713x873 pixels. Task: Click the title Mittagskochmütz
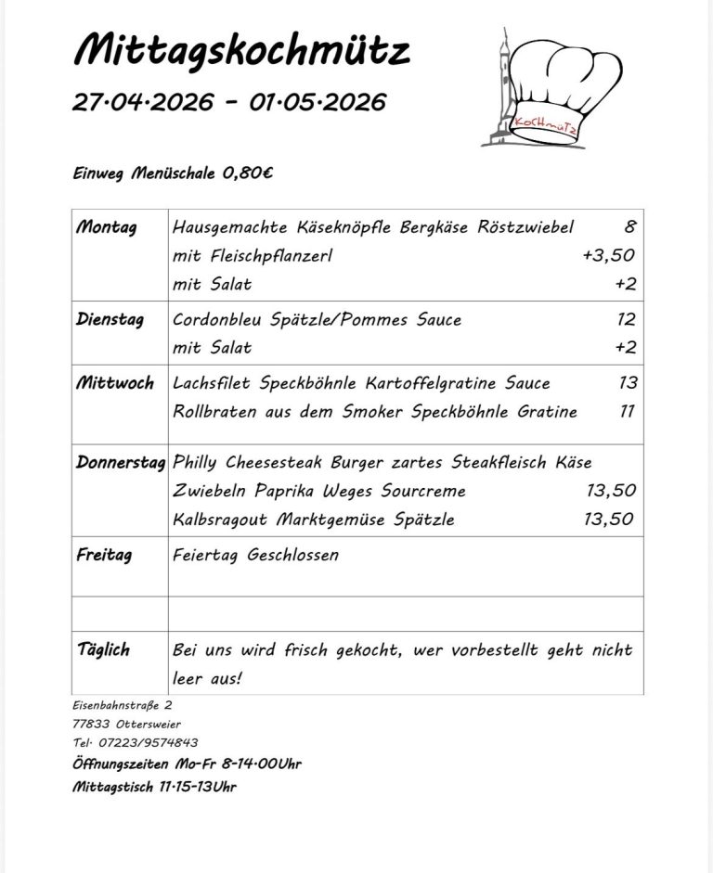pyautogui.click(x=241, y=51)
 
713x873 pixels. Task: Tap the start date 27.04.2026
pyautogui.click(x=143, y=102)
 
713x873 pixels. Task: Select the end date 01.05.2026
pyautogui.click(x=318, y=102)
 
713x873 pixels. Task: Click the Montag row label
pyautogui.click(x=107, y=227)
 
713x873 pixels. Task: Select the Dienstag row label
pyautogui.click(x=110, y=320)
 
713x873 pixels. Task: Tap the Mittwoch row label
pyautogui.click(x=115, y=383)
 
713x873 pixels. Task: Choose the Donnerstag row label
pyautogui.click(x=121, y=462)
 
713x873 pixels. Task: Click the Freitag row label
pyautogui.click(x=105, y=555)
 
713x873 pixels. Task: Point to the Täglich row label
pyautogui.click(x=104, y=649)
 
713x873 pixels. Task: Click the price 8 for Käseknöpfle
pyautogui.click(x=629, y=227)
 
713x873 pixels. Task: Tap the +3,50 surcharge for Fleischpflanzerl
pyautogui.click(x=608, y=255)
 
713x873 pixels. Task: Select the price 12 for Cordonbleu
pyautogui.click(x=626, y=320)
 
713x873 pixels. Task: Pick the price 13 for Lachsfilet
pyautogui.click(x=627, y=383)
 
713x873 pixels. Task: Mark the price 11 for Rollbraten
pyautogui.click(x=628, y=411)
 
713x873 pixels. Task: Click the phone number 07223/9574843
pyautogui.click(x=146, y=742)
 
